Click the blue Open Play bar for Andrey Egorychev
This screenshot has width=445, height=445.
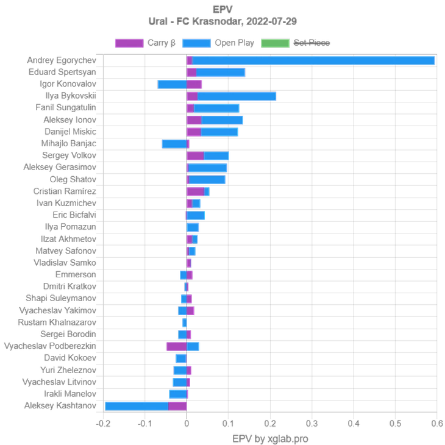pos(314,60)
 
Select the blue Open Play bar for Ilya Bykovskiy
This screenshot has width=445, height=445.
pos(237,96)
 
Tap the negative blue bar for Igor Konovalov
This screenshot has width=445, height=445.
pos(171,84)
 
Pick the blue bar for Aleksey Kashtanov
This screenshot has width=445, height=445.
pos(137,406)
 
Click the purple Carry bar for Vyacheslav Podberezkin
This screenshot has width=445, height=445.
pos(176,346)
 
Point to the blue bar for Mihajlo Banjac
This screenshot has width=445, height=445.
pos(174,144)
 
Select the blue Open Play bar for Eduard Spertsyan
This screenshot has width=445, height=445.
pos(221,73)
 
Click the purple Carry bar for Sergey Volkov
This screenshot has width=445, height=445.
pos(195,156)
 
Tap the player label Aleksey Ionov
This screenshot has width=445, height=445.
pos(70,120)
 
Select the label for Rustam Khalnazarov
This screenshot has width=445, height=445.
pos(57,322)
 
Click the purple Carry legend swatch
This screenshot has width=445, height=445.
pos(129,43)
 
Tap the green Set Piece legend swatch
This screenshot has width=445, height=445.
pos(275,43)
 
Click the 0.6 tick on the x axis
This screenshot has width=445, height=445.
pos(436,424)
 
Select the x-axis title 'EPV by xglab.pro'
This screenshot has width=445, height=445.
pos(269,438)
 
